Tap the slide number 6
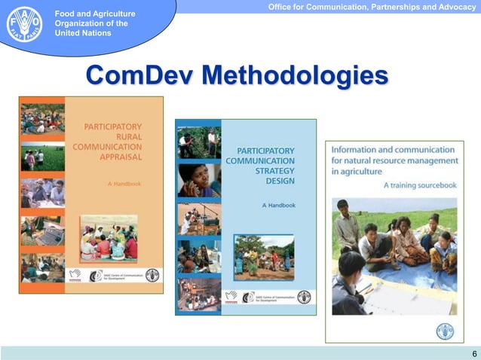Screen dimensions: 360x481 click(473, 354)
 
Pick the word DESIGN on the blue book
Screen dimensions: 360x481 click(280, 181)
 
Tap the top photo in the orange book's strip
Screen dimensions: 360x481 click(43, 118)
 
